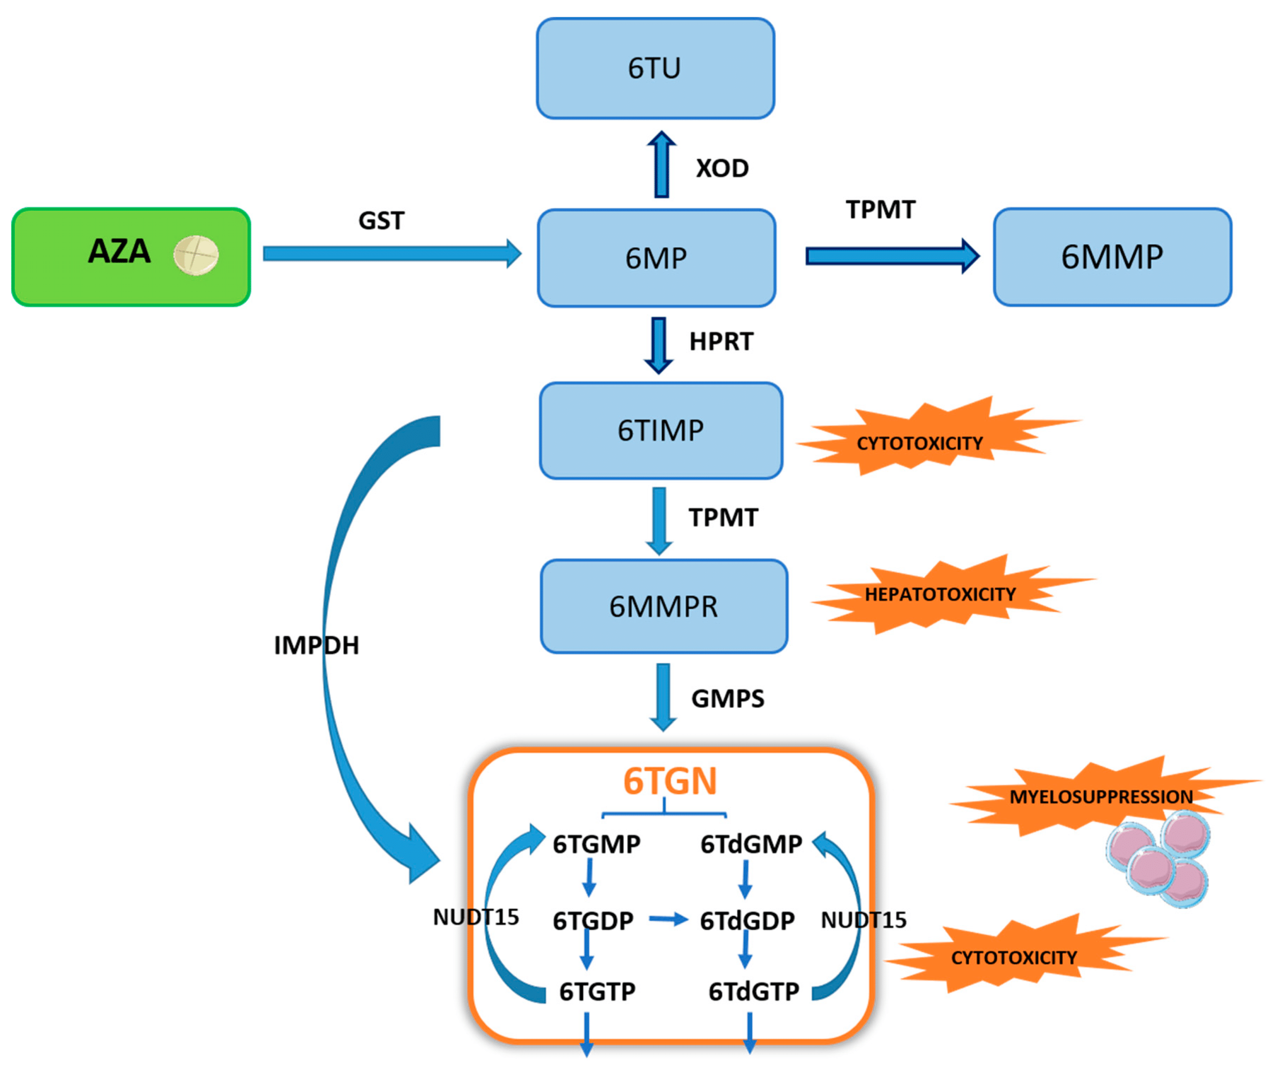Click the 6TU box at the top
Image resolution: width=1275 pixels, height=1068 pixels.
[655, 68]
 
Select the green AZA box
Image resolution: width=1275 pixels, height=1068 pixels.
[130, 257]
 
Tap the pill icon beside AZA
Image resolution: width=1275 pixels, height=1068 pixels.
[196, 255]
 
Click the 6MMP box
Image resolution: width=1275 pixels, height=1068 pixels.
[1112, 257]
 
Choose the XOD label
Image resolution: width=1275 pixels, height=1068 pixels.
[722, 168]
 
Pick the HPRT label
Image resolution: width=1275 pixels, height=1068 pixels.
[721, 342]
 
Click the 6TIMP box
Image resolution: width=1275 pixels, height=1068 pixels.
[660, 430]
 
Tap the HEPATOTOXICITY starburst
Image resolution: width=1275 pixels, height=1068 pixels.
[940, 594]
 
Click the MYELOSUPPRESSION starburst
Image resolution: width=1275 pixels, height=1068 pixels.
[1100, 797]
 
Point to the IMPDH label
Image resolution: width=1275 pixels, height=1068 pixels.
[316, 646]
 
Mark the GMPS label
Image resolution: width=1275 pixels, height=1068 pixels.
[727, 699]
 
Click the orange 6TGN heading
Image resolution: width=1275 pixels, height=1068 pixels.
[670, 782]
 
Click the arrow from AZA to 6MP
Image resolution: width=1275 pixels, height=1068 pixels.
[391, 253]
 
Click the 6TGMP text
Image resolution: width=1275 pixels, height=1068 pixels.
[596, 844]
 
